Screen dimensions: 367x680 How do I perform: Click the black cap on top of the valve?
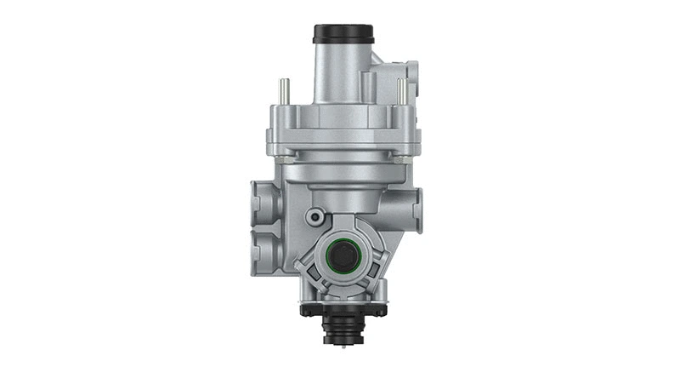343,34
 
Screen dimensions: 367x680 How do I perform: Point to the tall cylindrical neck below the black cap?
340,72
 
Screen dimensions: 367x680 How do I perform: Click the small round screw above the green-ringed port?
316,216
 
